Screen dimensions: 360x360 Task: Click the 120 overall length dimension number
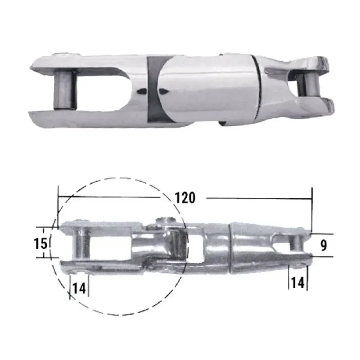[x=185, y=198]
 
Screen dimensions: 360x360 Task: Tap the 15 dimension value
[x=40, y=243]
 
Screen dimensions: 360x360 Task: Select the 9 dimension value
[x=324, y=245]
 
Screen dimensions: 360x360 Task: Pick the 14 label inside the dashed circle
[x=79, y=288]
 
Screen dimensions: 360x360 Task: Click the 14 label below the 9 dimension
[x=297, y=283]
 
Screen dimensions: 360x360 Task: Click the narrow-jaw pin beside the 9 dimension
[x=296, y=243]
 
